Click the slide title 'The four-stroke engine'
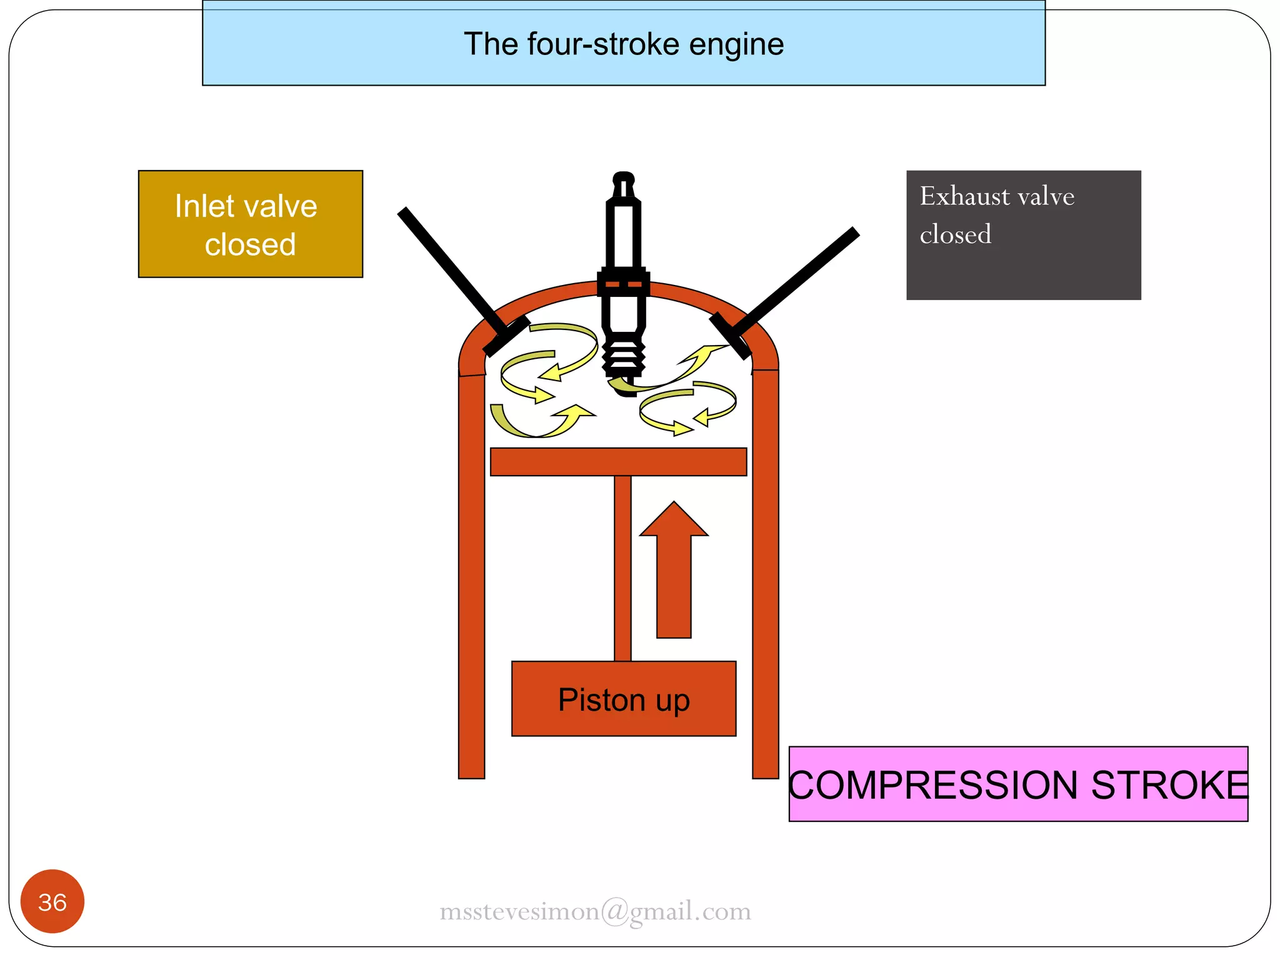click(x=623, y=44)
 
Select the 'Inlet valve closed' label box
click(x=250, y=224)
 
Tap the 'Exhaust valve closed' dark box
click(x=1023, y=235)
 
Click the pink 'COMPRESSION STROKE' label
click(x=1017, y=784)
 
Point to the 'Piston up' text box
click(x=623, y=699)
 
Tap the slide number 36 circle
click(x=52, y=901)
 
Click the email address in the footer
click(x=595, y=911)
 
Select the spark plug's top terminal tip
click(x=623, y=179)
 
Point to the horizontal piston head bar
click(x=618, y=462)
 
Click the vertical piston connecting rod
click(x=622, y=567)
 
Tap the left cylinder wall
click(x=471, y=575)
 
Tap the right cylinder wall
click(x=765, y=575)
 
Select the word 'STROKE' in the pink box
click(x=1169, y=784)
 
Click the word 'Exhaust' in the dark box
click(x=962, y=196)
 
